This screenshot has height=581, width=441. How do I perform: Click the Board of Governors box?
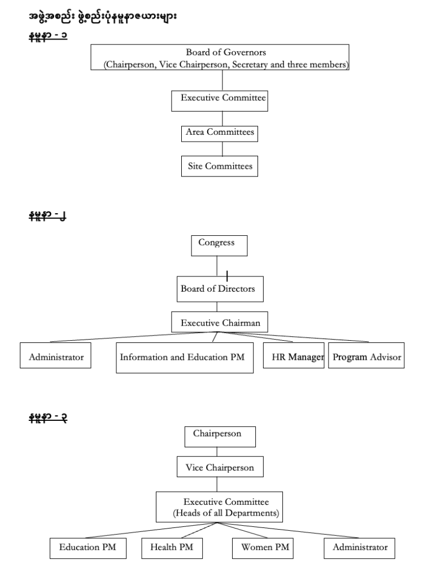click(x=220, y=58)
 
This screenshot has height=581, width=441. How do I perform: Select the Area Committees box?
click(x=220, y=134)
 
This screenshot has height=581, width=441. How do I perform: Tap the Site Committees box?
click(x=220, y=166)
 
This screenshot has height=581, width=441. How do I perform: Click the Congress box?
click(x=219, y=246)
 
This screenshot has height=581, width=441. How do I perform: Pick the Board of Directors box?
click(x=220, y=289)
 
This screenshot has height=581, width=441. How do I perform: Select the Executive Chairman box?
click(x=220, y=322)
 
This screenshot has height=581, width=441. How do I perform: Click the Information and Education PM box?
click(x=185, y=358)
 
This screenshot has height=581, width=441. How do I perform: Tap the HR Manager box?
click(x=294, y=355)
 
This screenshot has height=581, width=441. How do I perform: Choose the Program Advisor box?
click(x=366, y=355)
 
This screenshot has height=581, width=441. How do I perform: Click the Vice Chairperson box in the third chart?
click(x=220, y=467)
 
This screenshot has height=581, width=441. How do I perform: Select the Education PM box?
click(x=88, y=548)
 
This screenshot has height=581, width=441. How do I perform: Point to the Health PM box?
click(x=172, y=548)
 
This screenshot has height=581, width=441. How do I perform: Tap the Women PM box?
click(x=263, y=548)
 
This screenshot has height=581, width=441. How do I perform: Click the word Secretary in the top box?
click(x=250, y=64)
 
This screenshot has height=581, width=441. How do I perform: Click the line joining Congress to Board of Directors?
click(x=217, y=266)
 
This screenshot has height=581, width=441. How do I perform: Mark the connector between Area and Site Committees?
click(x=222, y=148)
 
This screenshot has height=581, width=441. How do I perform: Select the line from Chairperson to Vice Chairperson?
click(x=217, y=452)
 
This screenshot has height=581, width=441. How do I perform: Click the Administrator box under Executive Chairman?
click(x=56, y=355)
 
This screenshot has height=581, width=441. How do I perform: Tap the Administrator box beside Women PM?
click(x=359, y=548)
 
